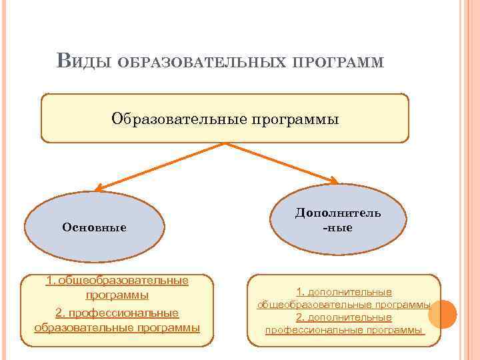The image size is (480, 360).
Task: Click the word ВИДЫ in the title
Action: [x=82, y=61]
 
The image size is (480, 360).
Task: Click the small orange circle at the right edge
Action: [x=443, y=313]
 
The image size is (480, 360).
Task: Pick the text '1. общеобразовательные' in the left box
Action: [x=117, y=281]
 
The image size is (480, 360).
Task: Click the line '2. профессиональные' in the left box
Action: [x=117, y=313]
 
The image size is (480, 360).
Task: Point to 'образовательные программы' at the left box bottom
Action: [x=117, y=328]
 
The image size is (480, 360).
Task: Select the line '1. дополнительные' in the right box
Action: [x=344, y=292]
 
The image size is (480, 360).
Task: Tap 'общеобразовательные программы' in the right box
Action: [x=344, y=305]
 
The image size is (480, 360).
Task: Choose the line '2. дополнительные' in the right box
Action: [x=344, y=317]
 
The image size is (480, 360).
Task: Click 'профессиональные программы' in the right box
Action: [x=344, y=330]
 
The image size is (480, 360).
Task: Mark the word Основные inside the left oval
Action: [x=95, y=227]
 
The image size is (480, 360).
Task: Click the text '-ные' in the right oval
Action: [x=338, y=228]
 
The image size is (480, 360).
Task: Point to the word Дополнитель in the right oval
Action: [x=339, y=213]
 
